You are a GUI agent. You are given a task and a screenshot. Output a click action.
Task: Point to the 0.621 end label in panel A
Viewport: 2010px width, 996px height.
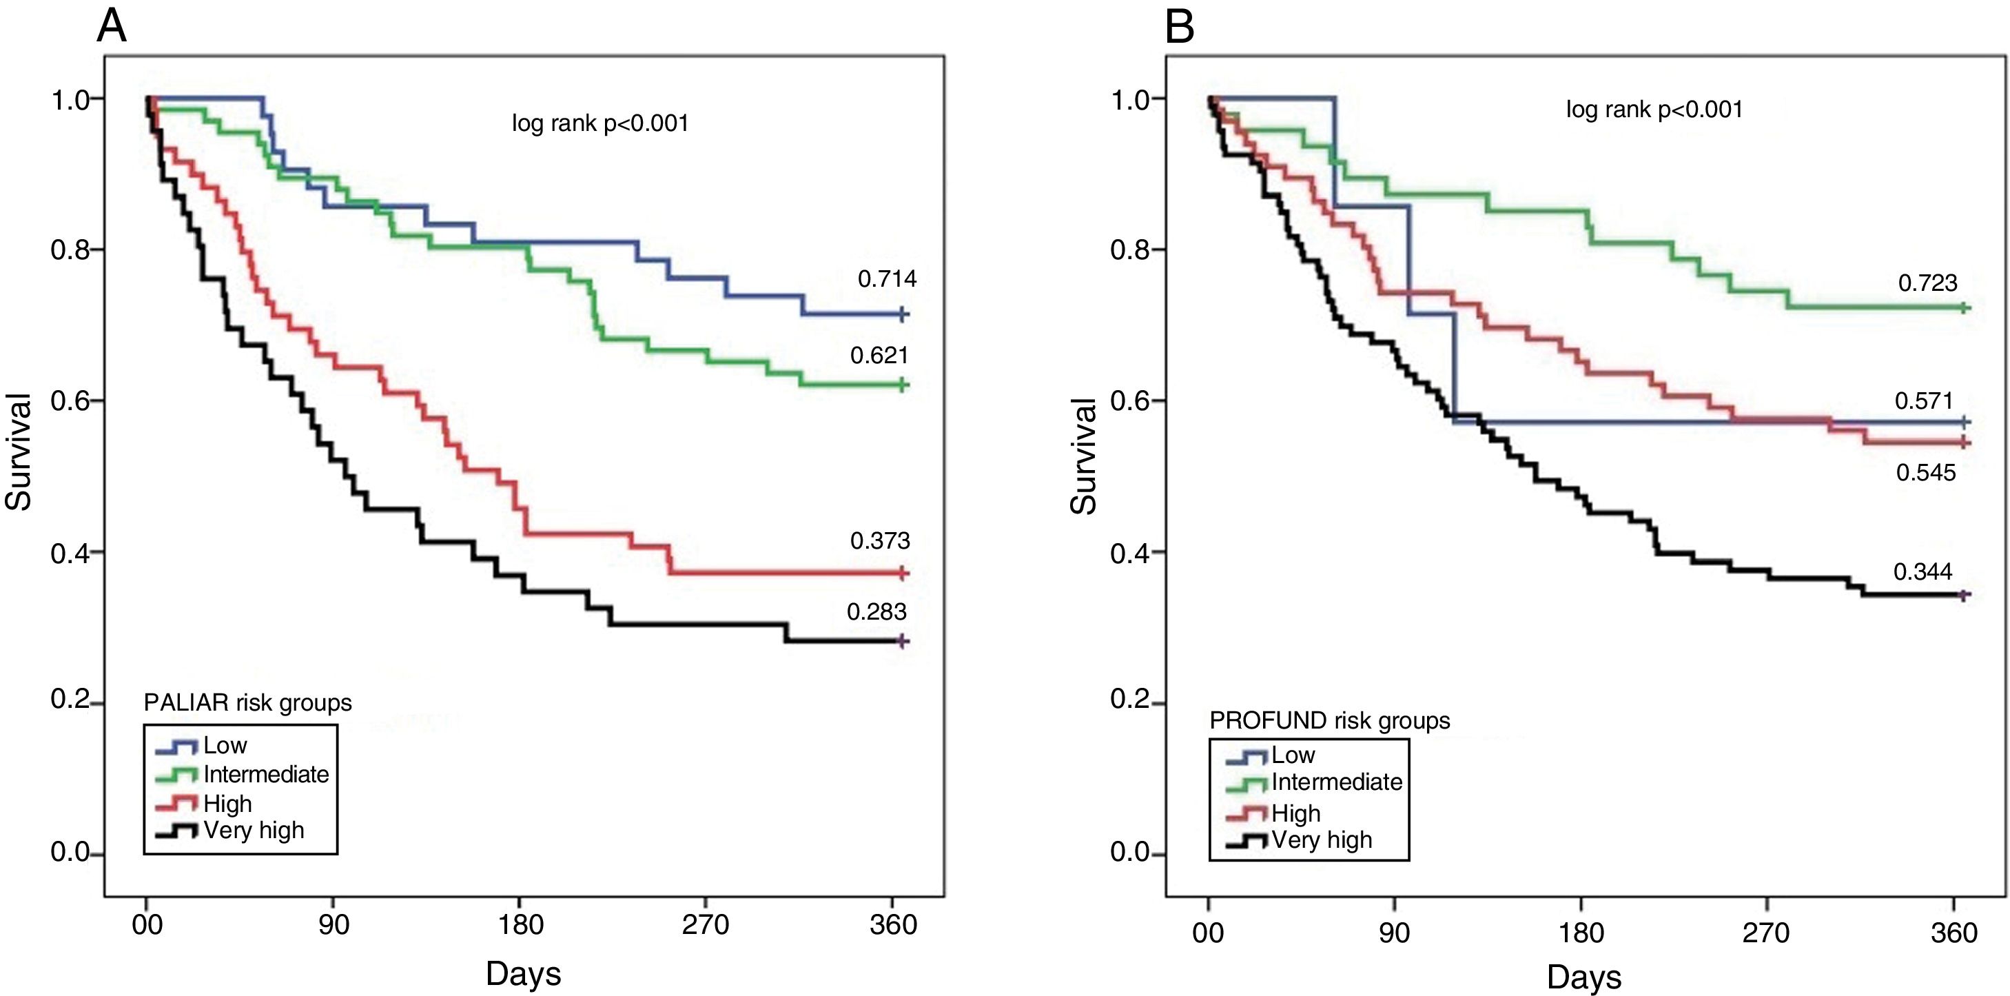coord(879,356)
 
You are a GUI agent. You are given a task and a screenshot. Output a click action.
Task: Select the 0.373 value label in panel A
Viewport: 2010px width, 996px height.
coord(879,541)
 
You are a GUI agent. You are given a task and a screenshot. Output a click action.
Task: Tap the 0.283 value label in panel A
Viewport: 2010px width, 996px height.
coord(876,612)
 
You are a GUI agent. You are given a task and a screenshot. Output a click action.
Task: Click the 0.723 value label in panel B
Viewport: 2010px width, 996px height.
coord(1927,283)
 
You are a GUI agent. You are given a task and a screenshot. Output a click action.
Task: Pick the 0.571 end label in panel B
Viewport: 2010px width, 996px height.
coord(1923,401)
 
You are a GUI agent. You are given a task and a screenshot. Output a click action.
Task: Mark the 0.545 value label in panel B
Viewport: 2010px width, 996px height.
coord(1926,472)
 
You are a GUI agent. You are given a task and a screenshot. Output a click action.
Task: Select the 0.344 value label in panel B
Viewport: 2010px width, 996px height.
coord(1922,572)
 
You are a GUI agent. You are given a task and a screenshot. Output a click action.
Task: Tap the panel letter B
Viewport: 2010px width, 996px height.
coord(1179,28)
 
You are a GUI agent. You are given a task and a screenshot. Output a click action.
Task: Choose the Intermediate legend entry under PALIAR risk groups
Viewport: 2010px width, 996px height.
coord(265,774)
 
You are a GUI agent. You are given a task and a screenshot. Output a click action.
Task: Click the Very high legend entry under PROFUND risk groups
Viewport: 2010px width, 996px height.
coord(1321,840)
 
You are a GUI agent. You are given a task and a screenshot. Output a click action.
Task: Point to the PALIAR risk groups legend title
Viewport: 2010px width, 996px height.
coord(247,702)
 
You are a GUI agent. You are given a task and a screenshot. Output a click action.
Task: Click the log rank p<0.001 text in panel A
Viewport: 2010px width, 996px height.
coord(600,123)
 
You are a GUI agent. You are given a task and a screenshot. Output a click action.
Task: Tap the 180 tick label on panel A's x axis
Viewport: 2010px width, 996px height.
coord(520,925)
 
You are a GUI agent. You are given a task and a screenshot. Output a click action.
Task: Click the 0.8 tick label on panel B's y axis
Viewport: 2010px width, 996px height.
coord(1127,250)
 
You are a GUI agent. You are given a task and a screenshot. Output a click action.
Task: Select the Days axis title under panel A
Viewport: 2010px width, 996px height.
coord(523,973)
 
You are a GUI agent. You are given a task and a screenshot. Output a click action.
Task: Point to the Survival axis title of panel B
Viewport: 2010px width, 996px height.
coord(1084,456)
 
